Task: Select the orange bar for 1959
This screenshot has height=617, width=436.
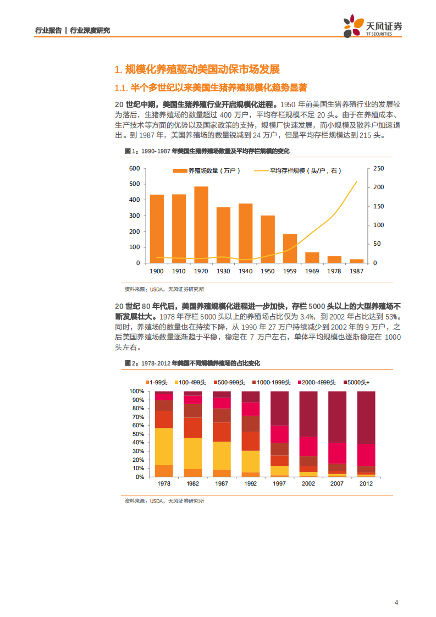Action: tap(290, 248)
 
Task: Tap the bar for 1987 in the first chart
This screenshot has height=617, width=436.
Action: tap(356, 261)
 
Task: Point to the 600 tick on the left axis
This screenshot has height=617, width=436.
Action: tap(135, 168)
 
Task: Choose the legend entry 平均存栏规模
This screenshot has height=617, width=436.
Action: tap(302, 171)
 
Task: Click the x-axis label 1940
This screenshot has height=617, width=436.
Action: tap(245, 272)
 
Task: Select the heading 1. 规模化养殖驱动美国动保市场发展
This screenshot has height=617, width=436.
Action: tap(197, 69)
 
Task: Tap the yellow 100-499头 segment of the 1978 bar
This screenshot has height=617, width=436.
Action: tap(164, 446)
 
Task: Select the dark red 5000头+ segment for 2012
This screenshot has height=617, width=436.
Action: tap(366, 417)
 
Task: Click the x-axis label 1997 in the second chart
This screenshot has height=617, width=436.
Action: tap(279, 484)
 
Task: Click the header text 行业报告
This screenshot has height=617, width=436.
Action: tap(48, 31)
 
